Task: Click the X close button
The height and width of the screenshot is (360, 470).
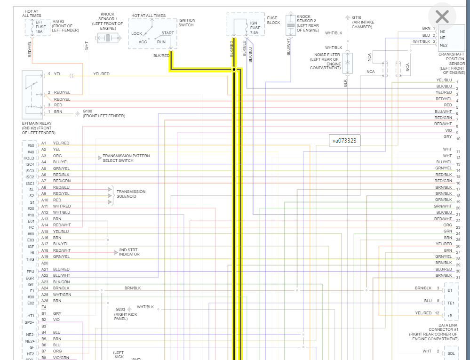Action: (x=442, y=17)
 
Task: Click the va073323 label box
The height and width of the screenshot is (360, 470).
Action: (x=344, y=140)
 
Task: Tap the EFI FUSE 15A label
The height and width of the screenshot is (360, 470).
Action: (x=41, y=26)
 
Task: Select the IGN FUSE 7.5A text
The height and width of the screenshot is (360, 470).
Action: (x=255, y=27)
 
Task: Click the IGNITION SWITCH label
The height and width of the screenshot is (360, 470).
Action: (x=187, y=23)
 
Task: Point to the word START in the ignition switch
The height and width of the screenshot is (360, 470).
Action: (x=167, y=33)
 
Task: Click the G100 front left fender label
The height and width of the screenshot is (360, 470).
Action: (x=104, y=113)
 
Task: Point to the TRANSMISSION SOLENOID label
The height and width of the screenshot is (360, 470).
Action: (x=131, y=194)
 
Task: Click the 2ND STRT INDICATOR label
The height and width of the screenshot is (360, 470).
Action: (x=129, y=252)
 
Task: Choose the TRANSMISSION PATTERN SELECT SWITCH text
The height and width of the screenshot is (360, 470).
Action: (x=126, y=158)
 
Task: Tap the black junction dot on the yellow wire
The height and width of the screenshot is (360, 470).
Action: (x=234, y=70)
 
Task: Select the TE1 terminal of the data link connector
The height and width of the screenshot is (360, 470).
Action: (x=451, y=303)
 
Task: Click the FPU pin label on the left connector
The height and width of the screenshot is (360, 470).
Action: (x=31, y=272)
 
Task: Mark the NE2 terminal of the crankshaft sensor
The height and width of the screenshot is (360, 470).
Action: (x=443, y=45)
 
